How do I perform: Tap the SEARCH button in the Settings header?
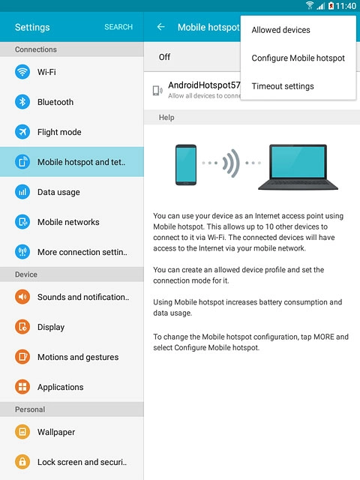point(118,27)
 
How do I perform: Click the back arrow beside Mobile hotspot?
point(160,27)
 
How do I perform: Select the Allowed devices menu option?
point(280,30)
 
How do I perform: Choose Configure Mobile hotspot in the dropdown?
point(298,58)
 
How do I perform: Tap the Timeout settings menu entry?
point(283,86)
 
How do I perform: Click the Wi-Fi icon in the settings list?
point(22,72)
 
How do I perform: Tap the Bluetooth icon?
point(22,102)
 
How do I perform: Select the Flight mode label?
point(59,132)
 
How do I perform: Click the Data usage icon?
point(22,192)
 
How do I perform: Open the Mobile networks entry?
point(67,222)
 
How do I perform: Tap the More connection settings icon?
point(22,252)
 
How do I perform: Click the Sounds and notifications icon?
point(22,297)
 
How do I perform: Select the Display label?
point(51,327)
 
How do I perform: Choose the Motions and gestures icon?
point(22,357)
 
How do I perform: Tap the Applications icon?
point(22,387)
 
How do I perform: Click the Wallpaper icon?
point(22,432)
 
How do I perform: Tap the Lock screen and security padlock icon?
point(22,462)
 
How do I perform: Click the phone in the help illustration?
point(186,164)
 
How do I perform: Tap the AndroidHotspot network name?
point(203,85)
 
